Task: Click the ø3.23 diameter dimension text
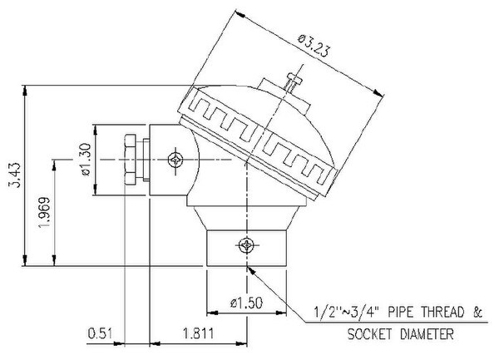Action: (x=313, y=46)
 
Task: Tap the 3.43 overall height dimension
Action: (x=14, y=175)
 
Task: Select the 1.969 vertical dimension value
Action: (x=44, y=212)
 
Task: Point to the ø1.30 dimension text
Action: (x=86, y=160)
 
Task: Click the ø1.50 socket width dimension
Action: (x=246, y=303)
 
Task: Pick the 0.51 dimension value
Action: (x=100, y=334)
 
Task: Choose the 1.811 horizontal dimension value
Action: (x=198, y=334)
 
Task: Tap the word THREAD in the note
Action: (x=442, y=312)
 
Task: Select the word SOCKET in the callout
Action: (x=369, y=334)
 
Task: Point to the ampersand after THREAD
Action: (x=477, y=312)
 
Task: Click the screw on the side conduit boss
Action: (x=175, y=160)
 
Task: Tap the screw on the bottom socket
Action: (x=247, y=245)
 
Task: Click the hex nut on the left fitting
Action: (x=131, y=160)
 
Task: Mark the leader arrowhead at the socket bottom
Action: (x=251, y=271)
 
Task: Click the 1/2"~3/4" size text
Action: (x=346, y=312)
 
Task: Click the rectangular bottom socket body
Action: (x=247, y=248)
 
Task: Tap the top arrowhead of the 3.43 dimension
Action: (x=25, y=91)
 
